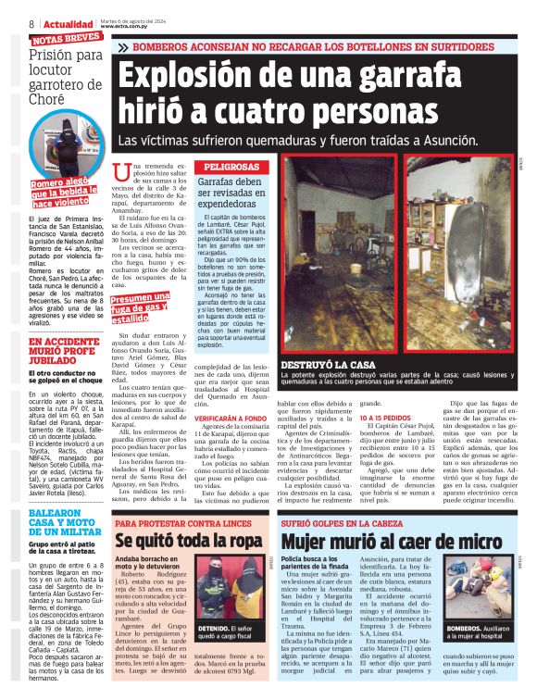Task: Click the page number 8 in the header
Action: tap(31, 23)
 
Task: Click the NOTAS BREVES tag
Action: tap(66, 41)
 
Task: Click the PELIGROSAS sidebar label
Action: tap(231, 168)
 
